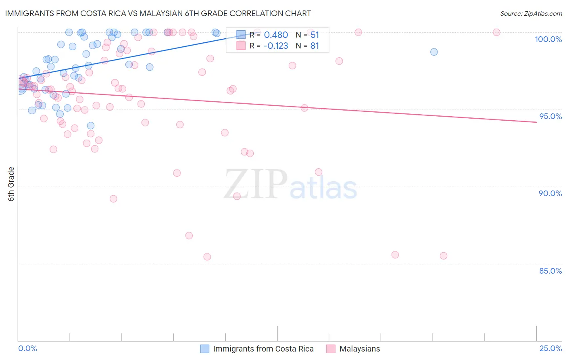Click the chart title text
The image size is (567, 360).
(158, 13)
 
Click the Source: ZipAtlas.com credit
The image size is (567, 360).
(531, 14)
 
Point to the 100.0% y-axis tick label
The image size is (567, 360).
(548, 39)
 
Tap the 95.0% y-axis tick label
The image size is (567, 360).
(550, 116)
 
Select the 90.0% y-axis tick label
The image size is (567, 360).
(550, 193)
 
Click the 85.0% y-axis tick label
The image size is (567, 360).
(550, 271)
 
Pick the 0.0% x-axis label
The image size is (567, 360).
(27, 348)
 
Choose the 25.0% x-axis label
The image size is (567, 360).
(550, 348)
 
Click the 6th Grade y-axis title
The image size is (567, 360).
(11, 184)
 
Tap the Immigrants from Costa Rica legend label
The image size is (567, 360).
(263, 349)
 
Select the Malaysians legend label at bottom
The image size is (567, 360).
(360, 349)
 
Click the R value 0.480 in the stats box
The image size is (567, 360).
(276, 35)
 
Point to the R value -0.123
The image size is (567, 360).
(276, 46)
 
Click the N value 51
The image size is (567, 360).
(315, 35)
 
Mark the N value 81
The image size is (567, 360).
(315, 46)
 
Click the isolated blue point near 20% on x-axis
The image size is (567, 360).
(434, 52)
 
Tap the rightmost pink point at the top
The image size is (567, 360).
(496, 32)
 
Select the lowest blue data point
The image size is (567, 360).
(91, 126)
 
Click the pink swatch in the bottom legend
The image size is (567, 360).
(331, 349)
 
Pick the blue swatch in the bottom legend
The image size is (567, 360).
(205, 349)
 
